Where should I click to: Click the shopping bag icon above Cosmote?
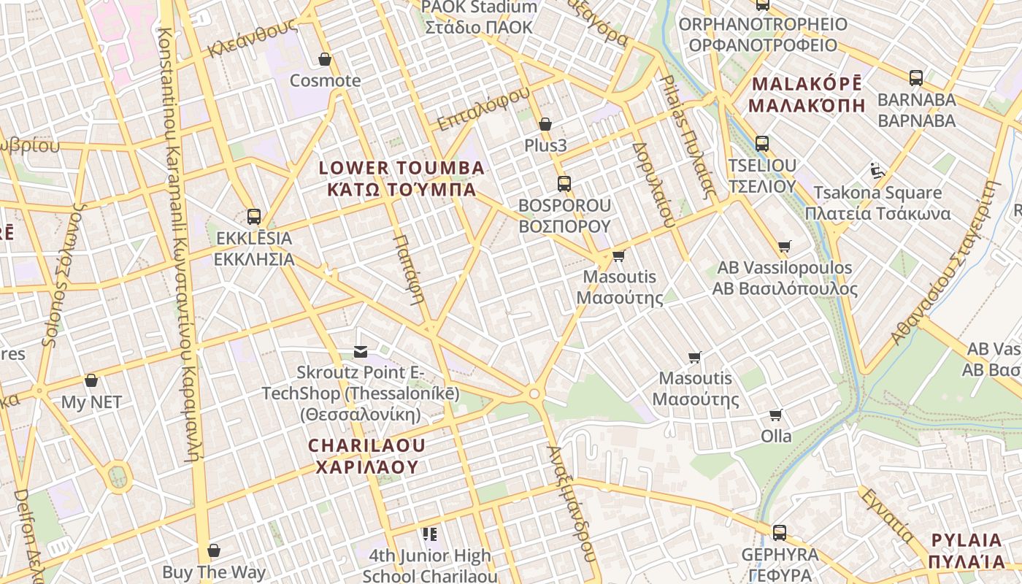(x=325, y=59)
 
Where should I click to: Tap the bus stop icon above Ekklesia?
(x=253, y=216)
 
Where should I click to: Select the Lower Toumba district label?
(x=401, y=179)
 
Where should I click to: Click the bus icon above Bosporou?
(x=564, y=184)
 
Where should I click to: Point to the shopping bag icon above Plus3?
(x=545, y=124)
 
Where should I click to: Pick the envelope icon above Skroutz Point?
(x=360, y=352)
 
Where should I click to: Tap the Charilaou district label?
(x=366, y=456)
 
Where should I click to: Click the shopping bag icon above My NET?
(x=91, y=380)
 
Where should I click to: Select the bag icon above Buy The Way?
(x=214, y=550)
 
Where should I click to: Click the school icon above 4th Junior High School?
(x=429, y=534)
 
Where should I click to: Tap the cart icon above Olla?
(x=775, y=415)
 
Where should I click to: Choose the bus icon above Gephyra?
(x=779, y=532)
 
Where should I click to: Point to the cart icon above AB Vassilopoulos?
(x=784, y=246)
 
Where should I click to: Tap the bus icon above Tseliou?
(x=762, y=143)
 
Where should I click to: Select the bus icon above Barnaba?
(x=915, y=77)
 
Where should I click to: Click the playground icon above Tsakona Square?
(x=877, y=171)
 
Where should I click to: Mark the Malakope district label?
(x=807, y=94)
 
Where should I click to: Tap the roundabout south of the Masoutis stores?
(x=535, y=394)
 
